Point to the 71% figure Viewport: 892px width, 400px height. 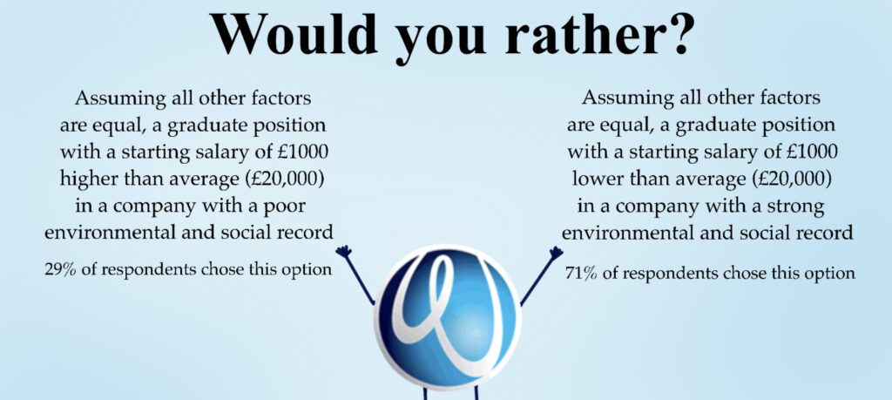581,274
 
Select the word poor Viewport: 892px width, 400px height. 284,207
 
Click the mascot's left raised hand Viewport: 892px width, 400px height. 343,252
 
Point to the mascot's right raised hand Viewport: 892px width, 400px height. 555,252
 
